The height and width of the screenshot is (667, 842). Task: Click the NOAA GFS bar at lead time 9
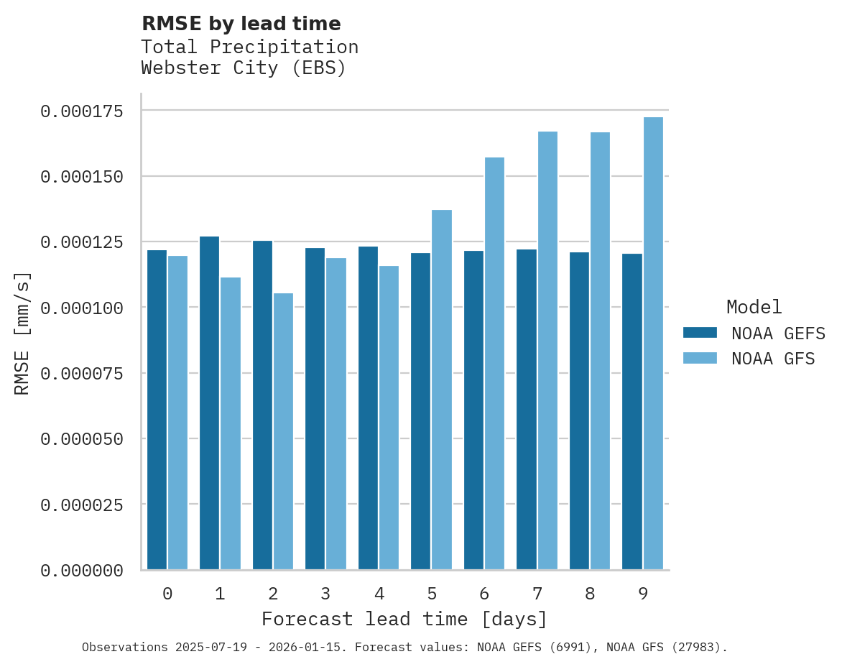653,344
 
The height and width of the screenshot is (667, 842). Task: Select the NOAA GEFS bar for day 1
209,403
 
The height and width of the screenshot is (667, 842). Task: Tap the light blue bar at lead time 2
283,431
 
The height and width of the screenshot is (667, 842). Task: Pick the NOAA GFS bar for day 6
494,364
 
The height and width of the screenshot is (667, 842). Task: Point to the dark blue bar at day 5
420,411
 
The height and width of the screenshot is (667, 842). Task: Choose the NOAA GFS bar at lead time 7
547,351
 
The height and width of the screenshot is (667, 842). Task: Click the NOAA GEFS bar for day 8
579,411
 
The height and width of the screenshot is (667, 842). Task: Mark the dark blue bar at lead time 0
157,410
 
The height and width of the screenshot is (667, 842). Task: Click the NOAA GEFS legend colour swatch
700,333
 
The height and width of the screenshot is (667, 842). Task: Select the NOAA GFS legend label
773,359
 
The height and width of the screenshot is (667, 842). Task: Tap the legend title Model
754,307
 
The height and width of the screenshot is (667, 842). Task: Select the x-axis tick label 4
379,594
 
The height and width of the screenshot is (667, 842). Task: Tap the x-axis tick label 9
643,594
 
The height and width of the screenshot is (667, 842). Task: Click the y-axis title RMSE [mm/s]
22,333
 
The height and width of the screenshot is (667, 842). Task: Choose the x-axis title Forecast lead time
404,619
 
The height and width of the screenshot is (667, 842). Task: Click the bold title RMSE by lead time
241,24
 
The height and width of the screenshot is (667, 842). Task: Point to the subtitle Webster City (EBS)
244,68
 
